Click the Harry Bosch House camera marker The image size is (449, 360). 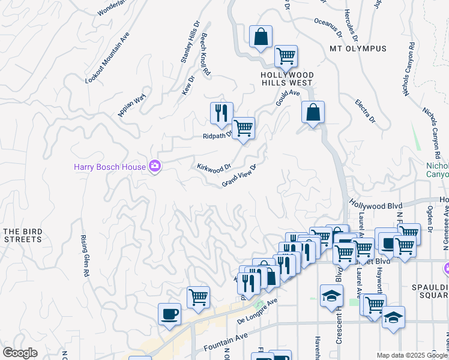(x=155, y=166)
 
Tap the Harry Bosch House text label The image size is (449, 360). (x=110, y=167)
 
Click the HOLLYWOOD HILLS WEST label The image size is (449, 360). (x=286, y=79)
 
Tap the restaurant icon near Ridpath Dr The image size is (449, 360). (x=221, y=112)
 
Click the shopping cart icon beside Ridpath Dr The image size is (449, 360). (x=243, y=128)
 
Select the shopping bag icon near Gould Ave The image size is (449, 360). (x=313, y=112)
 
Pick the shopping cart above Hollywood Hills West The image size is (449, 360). (x=286, y=56)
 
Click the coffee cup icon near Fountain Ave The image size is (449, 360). (x=170, y=313)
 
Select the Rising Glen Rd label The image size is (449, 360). (x=85, y=255)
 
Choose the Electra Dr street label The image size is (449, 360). (x=364, y=112)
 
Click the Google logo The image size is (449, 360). (x=20, y=353)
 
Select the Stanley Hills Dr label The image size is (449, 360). (x=190, y=43)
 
